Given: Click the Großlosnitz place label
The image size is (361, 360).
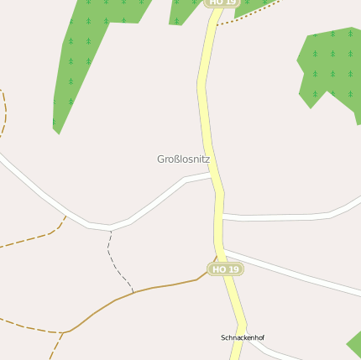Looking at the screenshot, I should coord(183,159).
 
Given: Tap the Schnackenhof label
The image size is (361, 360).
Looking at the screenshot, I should coord(243,337).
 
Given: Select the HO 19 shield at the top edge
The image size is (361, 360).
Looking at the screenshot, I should coord(222,3).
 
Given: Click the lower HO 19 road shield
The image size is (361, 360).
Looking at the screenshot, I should coord(225,269).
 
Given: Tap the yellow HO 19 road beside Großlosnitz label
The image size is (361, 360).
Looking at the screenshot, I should coord(210,126).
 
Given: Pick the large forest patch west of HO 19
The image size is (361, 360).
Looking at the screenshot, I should coord(84,50).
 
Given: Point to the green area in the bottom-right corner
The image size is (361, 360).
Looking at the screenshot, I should coord(354,344).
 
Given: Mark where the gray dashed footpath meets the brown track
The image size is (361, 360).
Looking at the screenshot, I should coord(133,292).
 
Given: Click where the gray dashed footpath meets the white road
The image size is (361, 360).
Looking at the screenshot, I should coord(110,228).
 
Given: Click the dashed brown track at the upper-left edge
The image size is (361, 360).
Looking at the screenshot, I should coord(3,113).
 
